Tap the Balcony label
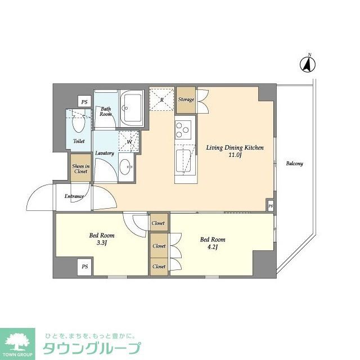[294, 164]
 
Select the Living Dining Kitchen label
[235, 147]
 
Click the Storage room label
[186, 100]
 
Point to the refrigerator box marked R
[162, 100]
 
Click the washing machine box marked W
[129, 141]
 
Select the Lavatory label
[105, 153]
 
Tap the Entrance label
[74, 196]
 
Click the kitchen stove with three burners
[183, 129]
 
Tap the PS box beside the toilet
[84, 102]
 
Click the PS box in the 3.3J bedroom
[84, 266]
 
